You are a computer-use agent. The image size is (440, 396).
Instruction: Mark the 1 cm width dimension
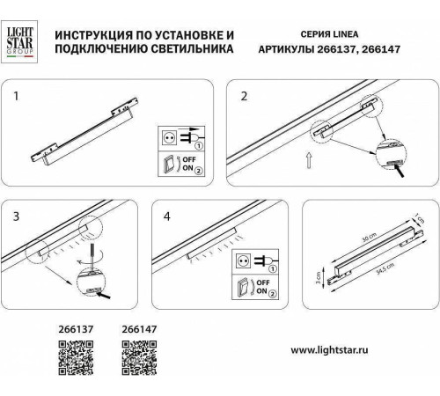click(422, 218)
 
